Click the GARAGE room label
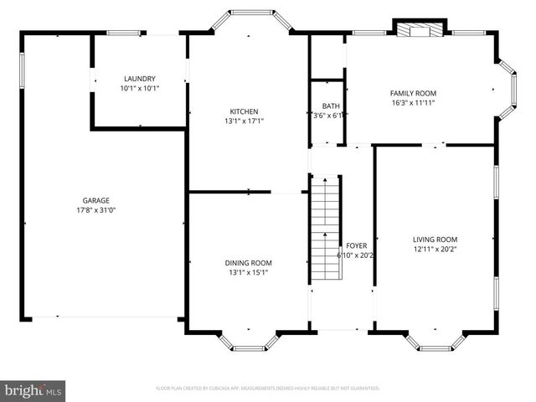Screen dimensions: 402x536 [96, 201]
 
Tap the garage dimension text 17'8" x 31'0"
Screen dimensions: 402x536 [96, 210]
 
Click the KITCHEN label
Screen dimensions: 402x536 [244, 111]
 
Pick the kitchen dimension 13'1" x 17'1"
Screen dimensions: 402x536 [244, 121]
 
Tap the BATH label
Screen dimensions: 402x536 [331, 106]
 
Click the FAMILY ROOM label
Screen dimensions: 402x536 [413, 93]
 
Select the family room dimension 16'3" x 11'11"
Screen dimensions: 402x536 [413, 102]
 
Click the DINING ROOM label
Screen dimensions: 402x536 [248, 262]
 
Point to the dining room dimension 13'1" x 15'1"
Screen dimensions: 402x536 [248, 272]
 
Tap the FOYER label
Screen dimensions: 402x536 [357, 245]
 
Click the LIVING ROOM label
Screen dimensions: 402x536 [435, 239]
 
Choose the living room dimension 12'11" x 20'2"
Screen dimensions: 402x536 [435, 249]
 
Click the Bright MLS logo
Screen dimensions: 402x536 [33, 390]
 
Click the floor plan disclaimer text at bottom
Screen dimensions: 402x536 [268, 389]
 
